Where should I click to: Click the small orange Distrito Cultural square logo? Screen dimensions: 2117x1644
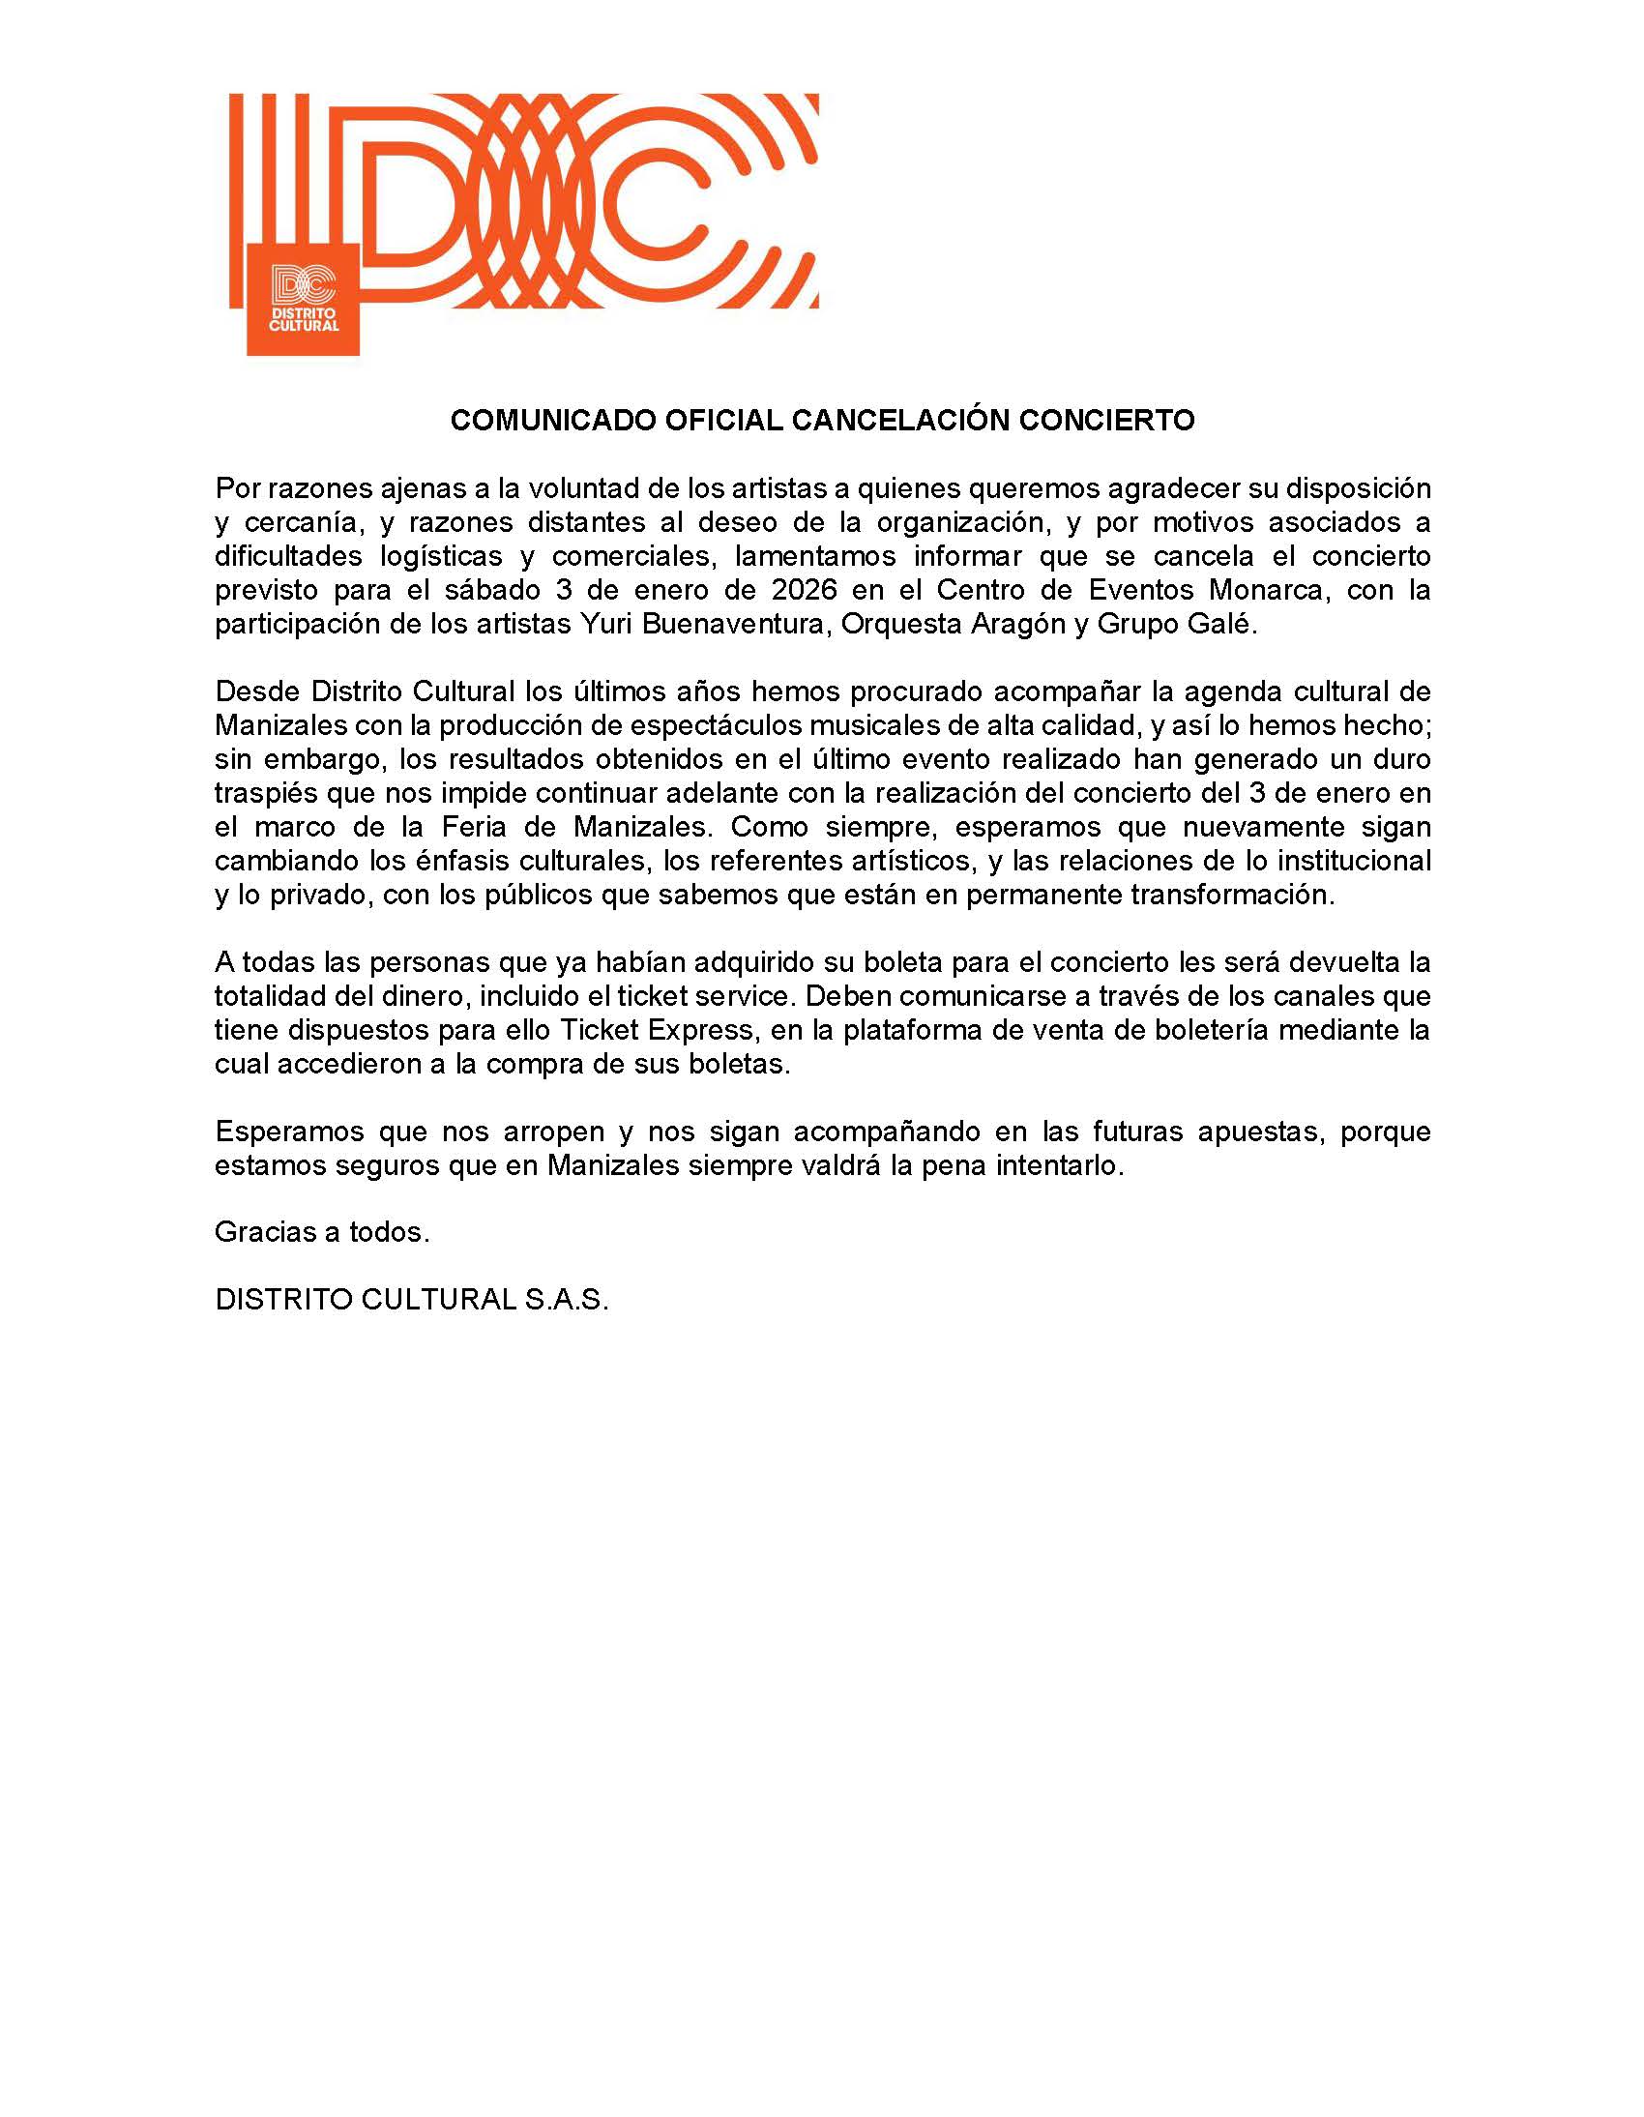tap(304, 300)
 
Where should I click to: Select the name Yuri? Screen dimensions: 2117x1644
tap(602, 623)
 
